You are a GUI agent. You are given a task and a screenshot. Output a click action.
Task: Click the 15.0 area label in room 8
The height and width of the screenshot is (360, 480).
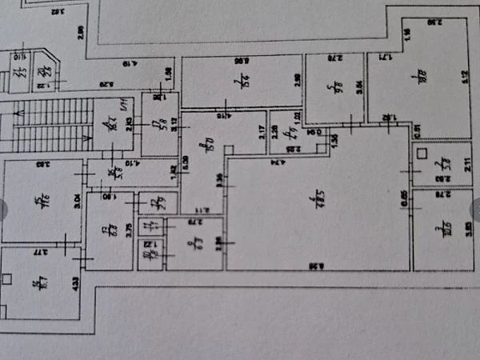point(204,149)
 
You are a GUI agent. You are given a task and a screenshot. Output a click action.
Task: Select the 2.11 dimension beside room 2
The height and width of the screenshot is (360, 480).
point(467,168)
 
